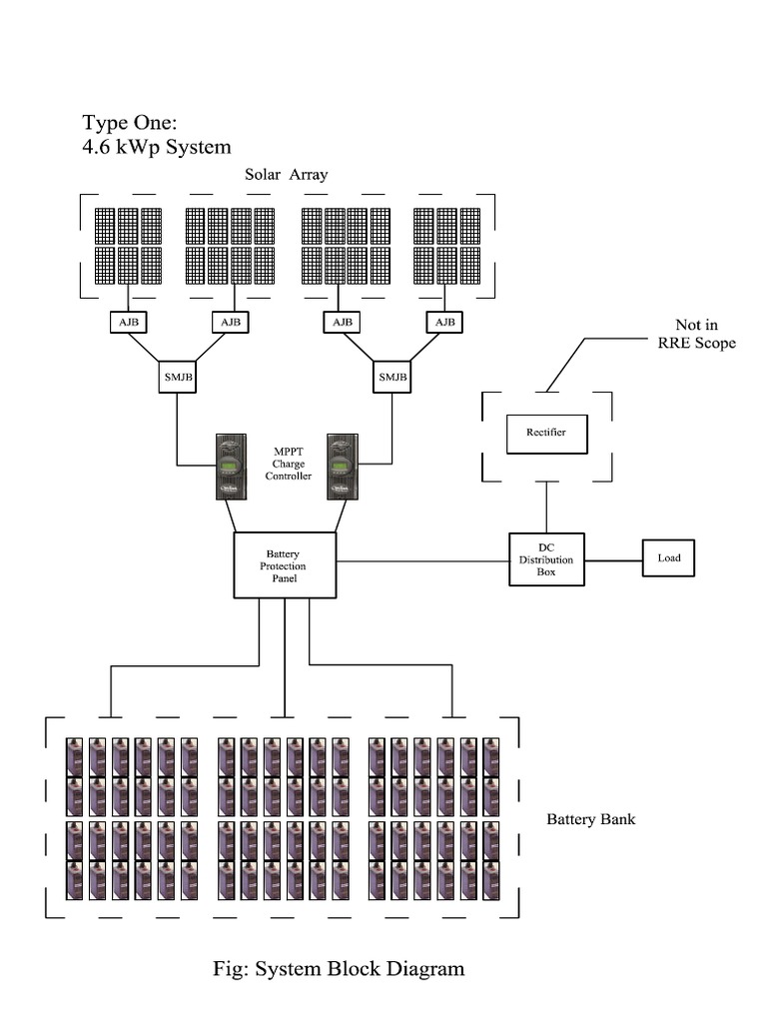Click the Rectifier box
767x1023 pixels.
(546, 433)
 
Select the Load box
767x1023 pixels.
(668, 558)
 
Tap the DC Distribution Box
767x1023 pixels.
(546, 559)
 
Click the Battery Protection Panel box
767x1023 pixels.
(285, 564)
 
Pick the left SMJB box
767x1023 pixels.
(177, 377)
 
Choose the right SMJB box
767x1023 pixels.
(391, 377)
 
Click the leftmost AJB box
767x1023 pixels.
(127, 323)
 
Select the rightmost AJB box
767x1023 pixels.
(445, 323)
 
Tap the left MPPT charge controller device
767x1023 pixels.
(231, 467)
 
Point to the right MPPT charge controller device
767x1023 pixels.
(343, 467)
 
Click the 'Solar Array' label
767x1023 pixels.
(287, 175)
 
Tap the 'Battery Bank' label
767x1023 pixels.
(590, 820)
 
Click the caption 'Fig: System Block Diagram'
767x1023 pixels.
(339, 968)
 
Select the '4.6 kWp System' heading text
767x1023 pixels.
(157, 147)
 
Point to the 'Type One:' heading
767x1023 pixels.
(129, 122)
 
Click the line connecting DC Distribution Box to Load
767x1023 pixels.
(613, 559)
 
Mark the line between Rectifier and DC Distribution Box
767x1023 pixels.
(546, 507)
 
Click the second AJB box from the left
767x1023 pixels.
(231, 323)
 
